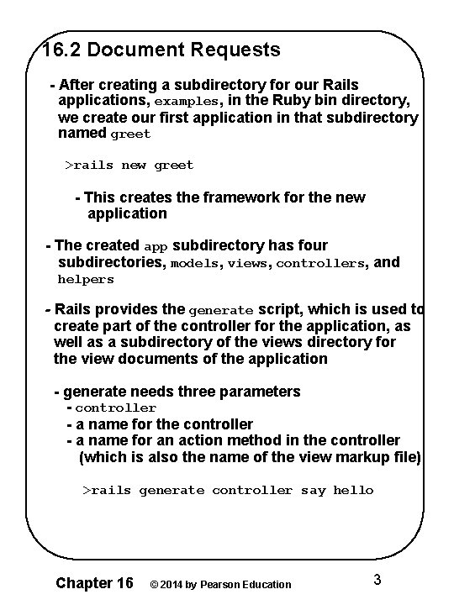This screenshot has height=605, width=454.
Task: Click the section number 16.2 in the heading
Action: (x=62, y=50)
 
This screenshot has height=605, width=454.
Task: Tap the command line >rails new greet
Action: (x=129, y=166)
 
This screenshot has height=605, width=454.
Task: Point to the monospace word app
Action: (x=156, y=247)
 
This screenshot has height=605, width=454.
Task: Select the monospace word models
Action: (x=197, y=263)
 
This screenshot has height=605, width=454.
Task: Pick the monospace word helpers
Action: (x=85, y=280)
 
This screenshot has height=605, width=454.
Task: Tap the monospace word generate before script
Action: (x=219, y=310)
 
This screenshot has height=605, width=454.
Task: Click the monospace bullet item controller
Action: (x=115, y=408)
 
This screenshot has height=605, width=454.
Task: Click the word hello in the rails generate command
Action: (x=353, y=491)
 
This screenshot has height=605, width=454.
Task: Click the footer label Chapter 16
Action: (x=93, y=582)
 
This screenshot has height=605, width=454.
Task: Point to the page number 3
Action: (x=377, y=579)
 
